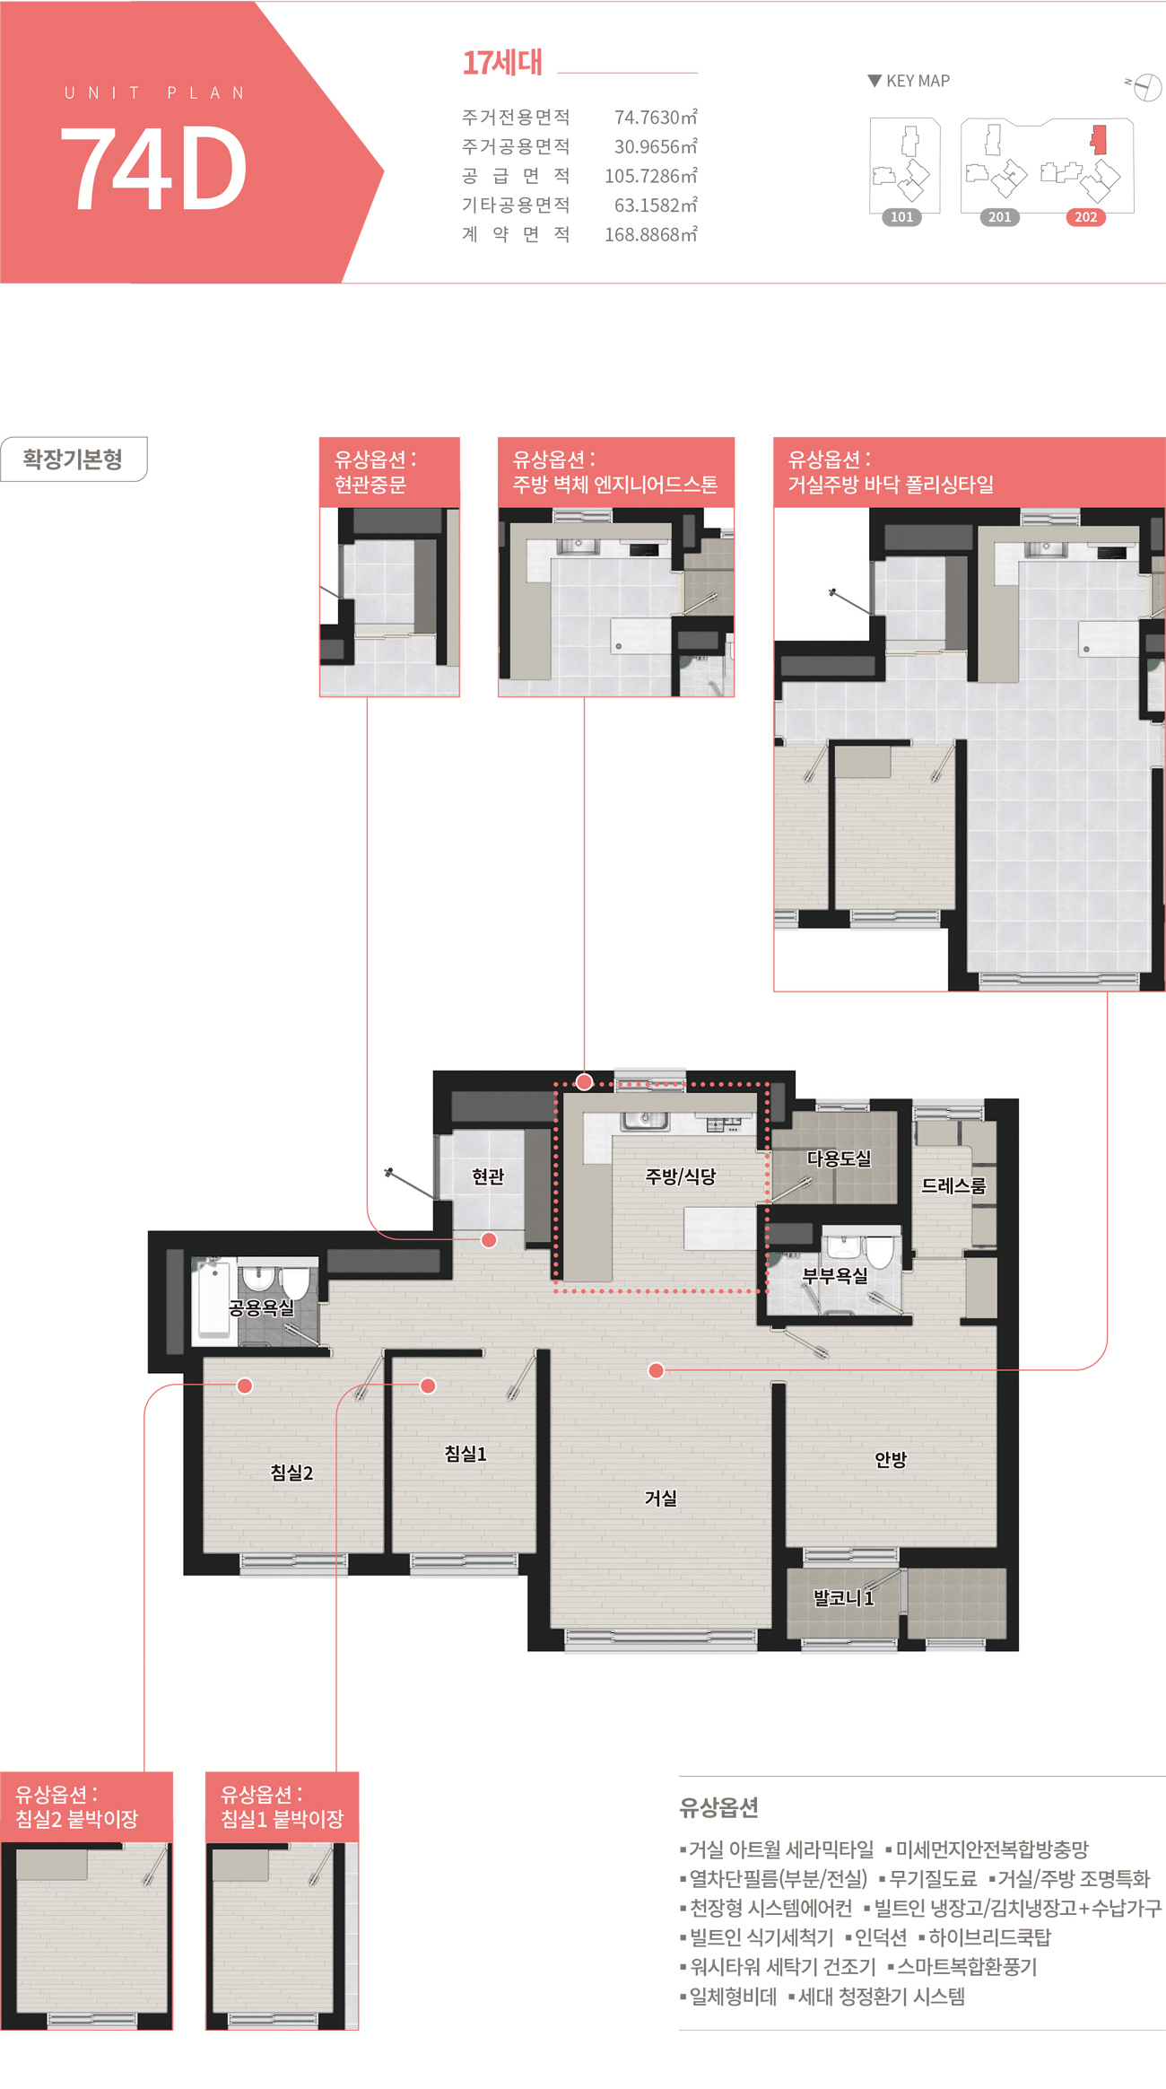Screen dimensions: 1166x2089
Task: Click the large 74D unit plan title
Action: pyautogui.click(x=153, y=168)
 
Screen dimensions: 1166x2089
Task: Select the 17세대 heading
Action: pyautogui.click(x=502, y=63)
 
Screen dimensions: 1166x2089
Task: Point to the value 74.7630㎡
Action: pyautogui.click(x=656, y=117)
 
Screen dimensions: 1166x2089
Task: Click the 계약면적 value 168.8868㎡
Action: pyautogui.click(x=650, y=234)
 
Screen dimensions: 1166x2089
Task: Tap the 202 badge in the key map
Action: pyautogui.click(x=1085, y=217)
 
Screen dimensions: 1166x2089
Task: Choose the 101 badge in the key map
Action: pyautogui.click(x=901, y=217)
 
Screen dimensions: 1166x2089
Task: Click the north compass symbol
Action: pyautogui.click(x=1145, y=87)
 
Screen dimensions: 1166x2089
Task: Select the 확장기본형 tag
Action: pyautogui.click(x=73, y=459)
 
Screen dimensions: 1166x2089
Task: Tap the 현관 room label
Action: pyautogui.click(x=488, y=1176)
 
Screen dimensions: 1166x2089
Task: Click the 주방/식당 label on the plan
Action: pyautogui.click(x=681, y=1176)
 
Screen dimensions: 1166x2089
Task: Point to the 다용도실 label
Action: pyautogui.click(x=839, y=1158)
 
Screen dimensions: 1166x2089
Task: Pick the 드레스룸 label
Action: pyautogui.click(x=953, y=1185)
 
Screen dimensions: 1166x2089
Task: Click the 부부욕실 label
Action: pyautogui.click(x=835, y=1275)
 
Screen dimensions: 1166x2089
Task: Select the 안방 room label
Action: pyautogui.click(x=891, y=1459)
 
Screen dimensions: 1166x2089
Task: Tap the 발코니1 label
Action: pyautogui.click(x=843, y=1597)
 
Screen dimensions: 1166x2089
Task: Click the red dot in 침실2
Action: pyautogui.click(x=244, y=1385)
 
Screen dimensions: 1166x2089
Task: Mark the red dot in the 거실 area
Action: pyautogui.click(x=657, y=1370)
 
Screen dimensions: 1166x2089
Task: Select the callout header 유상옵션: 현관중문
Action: pyautogui.click(x=389, y=472)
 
